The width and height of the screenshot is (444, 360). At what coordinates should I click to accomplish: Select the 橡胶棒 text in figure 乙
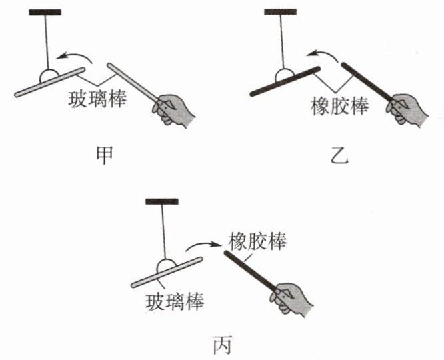(x=339, y=106)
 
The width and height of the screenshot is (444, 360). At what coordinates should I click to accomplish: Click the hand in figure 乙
(x=409, y=109)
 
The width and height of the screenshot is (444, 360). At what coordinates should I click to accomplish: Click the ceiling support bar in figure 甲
(x=45, y=12)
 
